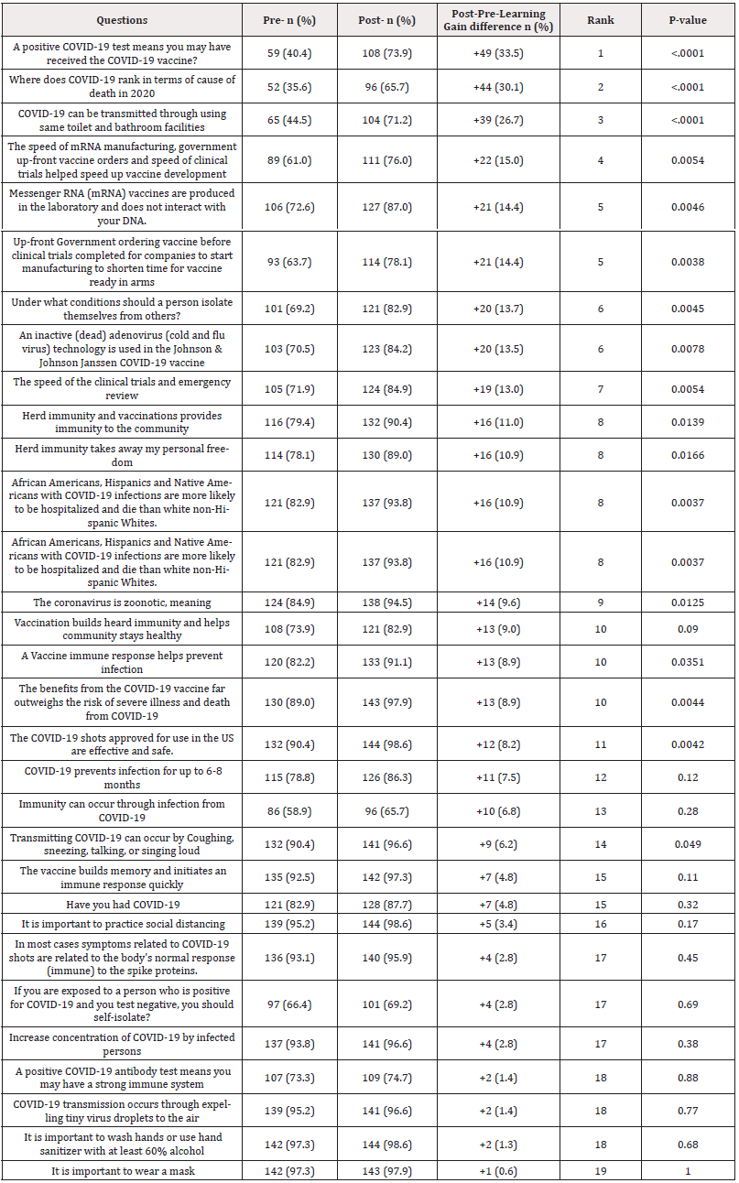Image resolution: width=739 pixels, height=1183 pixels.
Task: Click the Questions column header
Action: [122, 20]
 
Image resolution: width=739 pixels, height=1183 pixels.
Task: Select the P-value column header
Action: [687, 20]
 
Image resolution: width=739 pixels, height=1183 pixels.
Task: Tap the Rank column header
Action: [602, 20]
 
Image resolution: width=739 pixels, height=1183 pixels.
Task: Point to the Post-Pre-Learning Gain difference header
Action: [498, 20]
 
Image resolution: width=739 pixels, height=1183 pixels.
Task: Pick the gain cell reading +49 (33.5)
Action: [498, 53]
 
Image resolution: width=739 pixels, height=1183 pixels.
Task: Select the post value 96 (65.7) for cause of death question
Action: [391, 87]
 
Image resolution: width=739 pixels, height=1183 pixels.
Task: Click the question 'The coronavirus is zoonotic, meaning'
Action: [122, 602]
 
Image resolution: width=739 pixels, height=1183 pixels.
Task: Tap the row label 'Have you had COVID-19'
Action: [122, 905]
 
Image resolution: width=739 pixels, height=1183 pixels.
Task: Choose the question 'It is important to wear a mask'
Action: [122, 1171]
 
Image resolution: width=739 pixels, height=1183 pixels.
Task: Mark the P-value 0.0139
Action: [687, 423]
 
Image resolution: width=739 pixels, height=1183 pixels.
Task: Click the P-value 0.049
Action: [687, 845]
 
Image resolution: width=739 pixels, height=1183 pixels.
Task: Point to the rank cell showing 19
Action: [602, 1171]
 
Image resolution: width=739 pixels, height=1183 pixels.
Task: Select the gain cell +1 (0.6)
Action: [498, 1171]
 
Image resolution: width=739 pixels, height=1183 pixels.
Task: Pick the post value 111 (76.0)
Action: [391, 160]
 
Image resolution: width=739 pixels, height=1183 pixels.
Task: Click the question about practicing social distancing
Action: [122, 924]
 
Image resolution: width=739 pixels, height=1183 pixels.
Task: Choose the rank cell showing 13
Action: [602, 811]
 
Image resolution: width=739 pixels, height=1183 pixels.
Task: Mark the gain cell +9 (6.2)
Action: [498, 845]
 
